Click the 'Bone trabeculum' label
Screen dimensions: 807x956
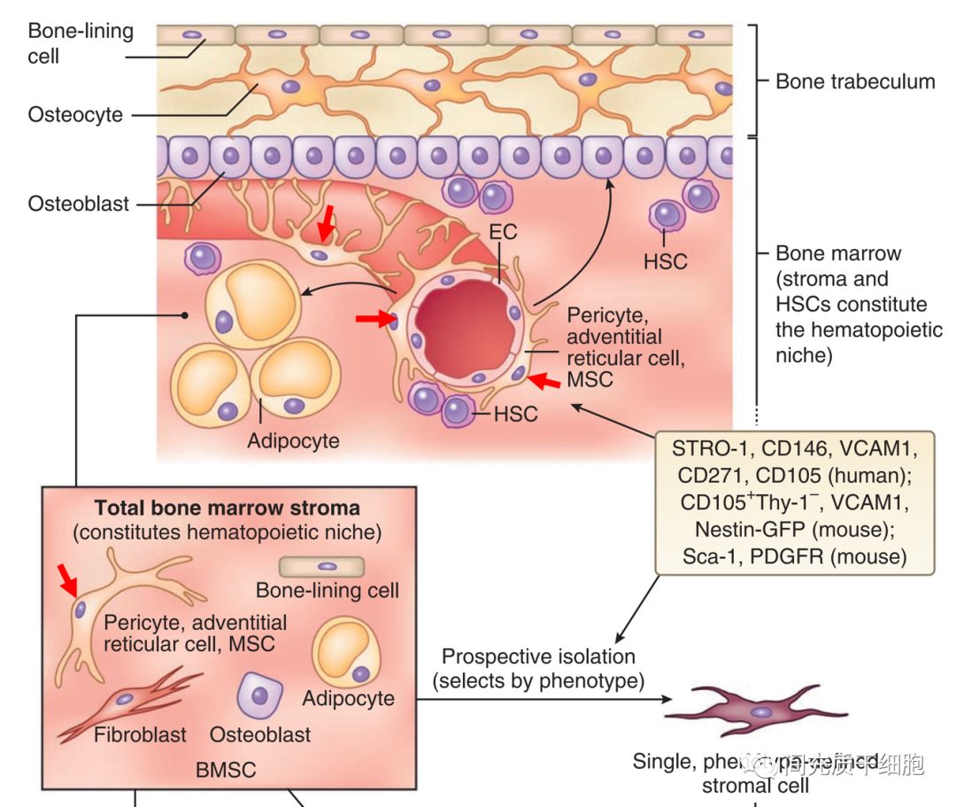854,81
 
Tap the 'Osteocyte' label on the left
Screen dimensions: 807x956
75,115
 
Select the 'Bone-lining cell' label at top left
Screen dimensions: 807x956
80,43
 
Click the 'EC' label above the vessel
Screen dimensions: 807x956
502,233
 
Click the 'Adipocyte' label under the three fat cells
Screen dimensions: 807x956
293,440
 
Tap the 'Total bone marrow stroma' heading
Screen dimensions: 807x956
227,508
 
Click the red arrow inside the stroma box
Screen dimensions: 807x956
67,580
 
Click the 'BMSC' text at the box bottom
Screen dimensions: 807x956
226,770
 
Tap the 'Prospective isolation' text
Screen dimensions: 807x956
538,656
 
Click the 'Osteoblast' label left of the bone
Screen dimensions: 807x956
79,204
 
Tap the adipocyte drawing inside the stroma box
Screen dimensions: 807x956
347,652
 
